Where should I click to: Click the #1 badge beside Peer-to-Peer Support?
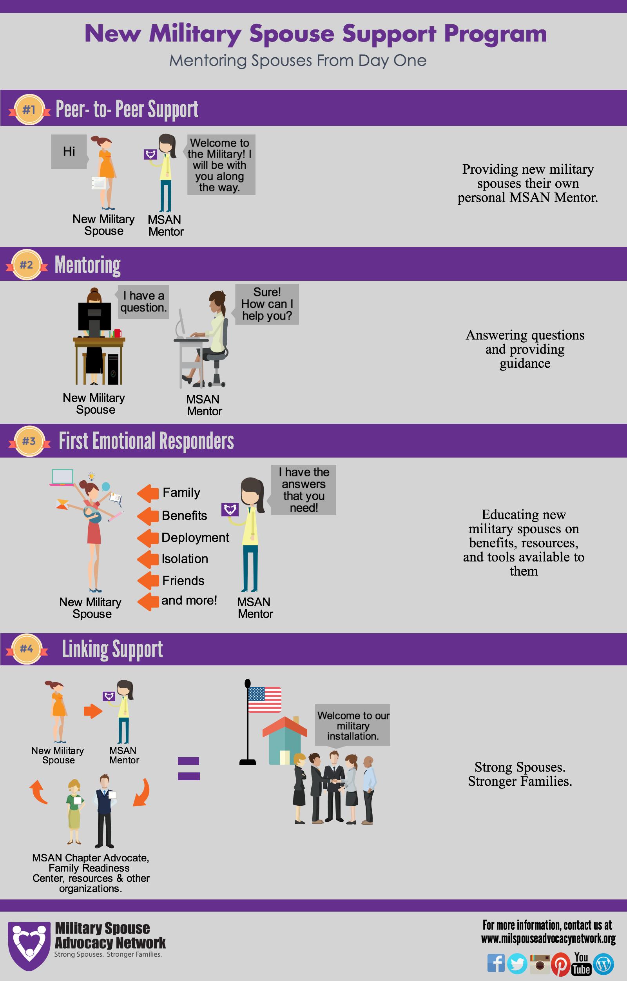(x=29, y=110)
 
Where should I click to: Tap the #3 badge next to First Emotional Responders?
(x=29, y=441)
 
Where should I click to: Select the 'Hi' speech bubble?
(x=69, y=152)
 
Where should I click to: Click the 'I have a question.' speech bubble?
(x=143, y=302)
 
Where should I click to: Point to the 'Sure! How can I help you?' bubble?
(x=267, y=304)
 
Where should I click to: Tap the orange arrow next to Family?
(x=148, y=493)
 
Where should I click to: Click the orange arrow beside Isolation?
(x=148, y=560)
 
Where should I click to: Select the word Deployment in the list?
(x=195, y=538)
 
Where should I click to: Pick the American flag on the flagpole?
(x=265, y=699)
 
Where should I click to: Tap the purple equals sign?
(x=188, y=768)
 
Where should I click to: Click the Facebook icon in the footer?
(x=495, y=963)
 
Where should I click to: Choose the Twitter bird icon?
(x=517, y=964)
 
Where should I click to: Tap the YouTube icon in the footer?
(x=582, y=963)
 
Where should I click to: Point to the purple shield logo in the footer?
(x=29, y=946)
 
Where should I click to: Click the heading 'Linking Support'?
(x=112, y=649)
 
